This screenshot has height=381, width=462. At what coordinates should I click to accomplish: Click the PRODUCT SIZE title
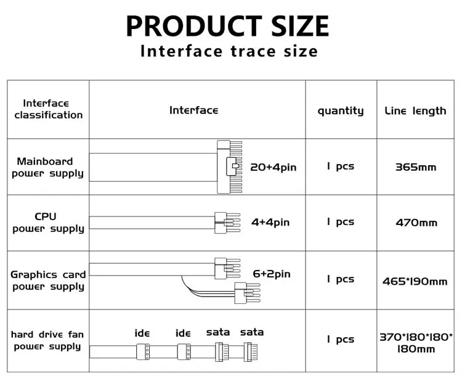(x=227, y=26)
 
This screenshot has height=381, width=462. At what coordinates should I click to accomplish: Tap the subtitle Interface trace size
(x=229, y=51)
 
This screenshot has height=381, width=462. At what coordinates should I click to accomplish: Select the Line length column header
(x=415, y=111)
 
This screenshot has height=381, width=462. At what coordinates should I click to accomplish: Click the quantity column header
(x=341, y=111)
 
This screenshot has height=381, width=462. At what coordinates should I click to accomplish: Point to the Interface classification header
(x=49, y=109)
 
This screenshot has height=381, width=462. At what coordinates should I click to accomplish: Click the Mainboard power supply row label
(x=47, y=167)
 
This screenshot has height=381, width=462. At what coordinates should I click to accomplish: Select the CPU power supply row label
(x=48, y=223)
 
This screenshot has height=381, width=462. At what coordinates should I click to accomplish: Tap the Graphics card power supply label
(x=48, y=281)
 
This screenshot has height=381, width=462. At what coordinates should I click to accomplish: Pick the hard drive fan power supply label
(x=47, y=340)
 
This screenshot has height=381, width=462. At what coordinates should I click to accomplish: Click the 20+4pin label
(x=273, y=168)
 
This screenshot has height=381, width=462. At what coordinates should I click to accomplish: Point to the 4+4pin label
(x=270, y=223)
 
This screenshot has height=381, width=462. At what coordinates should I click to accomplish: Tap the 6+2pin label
(x=272, y=274)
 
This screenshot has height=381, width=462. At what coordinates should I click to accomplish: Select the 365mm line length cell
(x=416, y=168)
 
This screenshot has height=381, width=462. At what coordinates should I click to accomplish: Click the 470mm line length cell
(x=416, y=223)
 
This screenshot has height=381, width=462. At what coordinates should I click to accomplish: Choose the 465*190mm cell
(x=415, y=282)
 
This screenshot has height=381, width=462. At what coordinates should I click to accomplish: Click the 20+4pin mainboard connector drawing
(x=230, y=167)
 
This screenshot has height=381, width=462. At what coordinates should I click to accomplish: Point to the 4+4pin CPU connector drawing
(x=227, y=223)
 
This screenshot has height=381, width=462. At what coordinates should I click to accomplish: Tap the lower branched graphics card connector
(x=247, y=293)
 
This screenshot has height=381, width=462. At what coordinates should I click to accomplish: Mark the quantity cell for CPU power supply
(x=340, y=222)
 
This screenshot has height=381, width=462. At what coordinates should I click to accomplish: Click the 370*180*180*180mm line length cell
(x=416, y=343)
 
